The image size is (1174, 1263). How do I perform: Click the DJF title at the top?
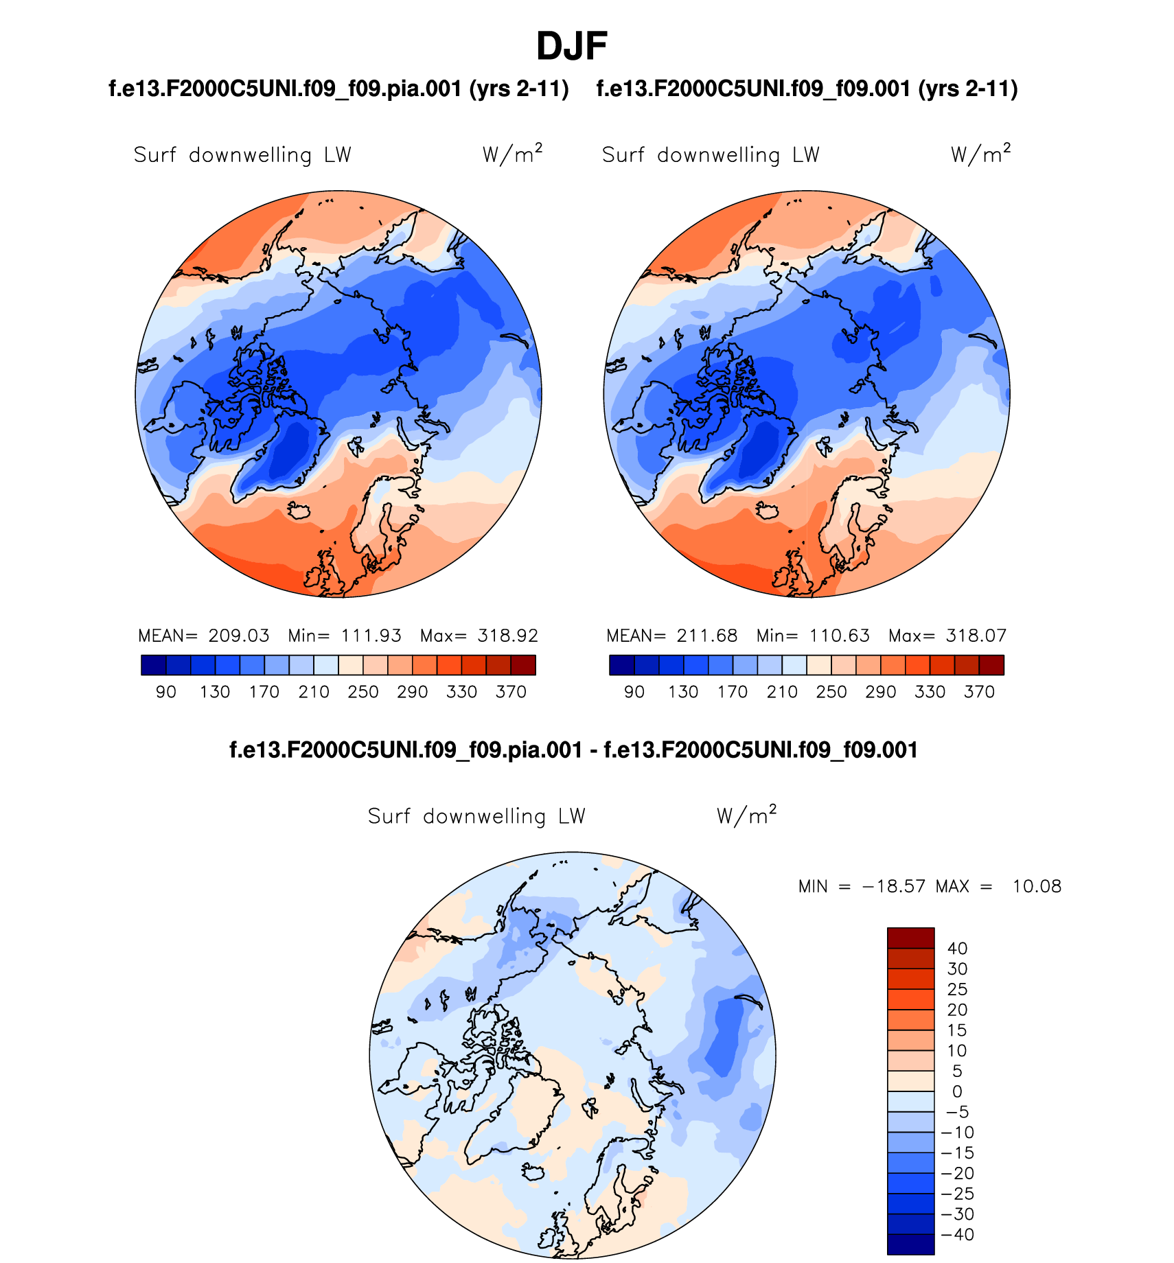coord(571,47)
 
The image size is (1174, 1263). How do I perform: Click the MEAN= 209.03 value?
coord(204,636)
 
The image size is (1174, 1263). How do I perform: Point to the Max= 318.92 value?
coord(479,636)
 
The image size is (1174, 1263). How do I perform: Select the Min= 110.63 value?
coord(813,636)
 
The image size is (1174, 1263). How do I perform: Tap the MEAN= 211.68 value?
coord(672,636)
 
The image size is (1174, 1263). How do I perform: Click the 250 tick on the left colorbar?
coord(363,692)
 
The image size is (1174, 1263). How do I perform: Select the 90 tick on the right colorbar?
coord(634,692)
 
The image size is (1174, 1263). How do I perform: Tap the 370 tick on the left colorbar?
coord(511,692)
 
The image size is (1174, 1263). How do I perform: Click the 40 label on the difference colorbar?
coord(957,949)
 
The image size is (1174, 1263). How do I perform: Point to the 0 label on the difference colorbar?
coord(957,1091)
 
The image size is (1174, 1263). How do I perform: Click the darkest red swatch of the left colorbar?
coord(523,665)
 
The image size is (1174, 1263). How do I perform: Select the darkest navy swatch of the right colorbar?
coord(621,665)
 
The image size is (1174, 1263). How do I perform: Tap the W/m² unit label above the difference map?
coord(746,815)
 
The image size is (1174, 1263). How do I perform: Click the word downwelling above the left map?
coord(250,155)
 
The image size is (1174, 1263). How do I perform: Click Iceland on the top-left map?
coord(299,511)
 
